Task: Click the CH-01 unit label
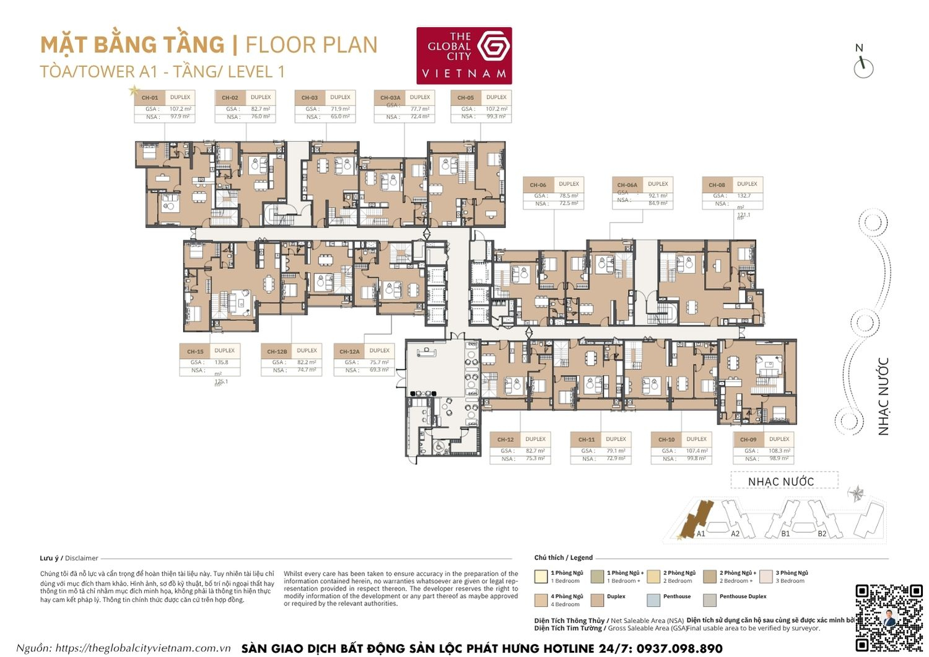149,98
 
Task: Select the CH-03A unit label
390,98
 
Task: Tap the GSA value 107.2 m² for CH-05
496,109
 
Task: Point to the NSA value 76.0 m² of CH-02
260,117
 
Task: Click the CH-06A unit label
627,185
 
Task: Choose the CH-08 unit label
717,185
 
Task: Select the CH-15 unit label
195,351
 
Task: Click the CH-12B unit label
277,351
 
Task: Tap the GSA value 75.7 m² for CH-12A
379,363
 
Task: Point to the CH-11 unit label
586,439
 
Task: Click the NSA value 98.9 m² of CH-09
779,459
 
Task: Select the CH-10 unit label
666,439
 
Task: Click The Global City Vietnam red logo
464,55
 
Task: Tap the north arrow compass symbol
863,66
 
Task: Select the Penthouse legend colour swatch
653,599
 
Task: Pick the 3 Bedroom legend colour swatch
765,576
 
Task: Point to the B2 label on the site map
822,534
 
